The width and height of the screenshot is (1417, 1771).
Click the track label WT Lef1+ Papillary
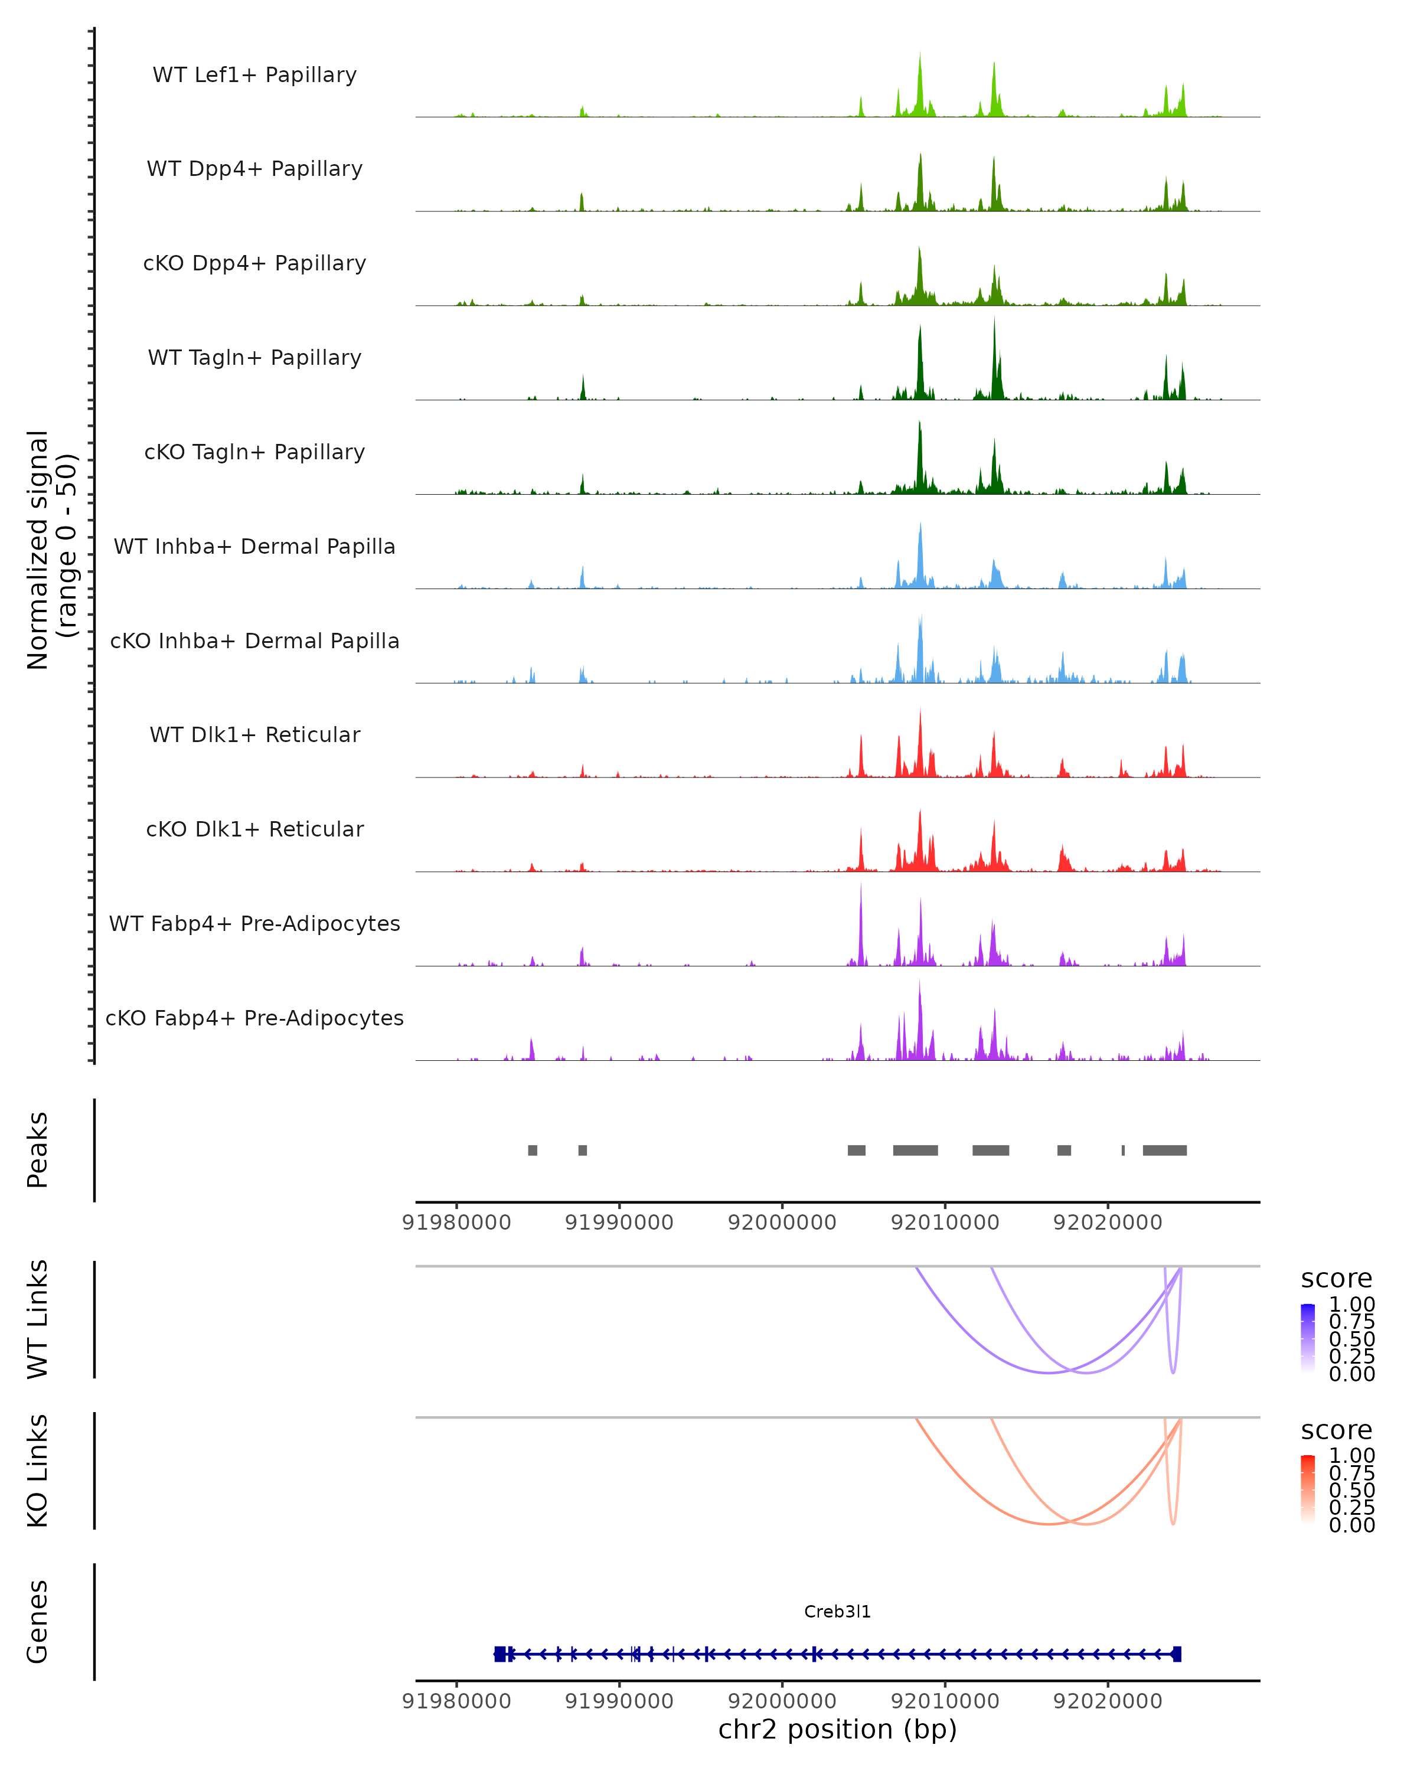(254, 75)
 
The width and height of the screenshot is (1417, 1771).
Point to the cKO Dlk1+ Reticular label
(254, 829)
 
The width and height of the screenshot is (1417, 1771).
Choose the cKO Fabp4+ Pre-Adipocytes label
(254, 1018)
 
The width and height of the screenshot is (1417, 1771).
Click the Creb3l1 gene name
(837, 1612)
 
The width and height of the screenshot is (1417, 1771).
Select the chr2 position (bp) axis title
(837, 1730)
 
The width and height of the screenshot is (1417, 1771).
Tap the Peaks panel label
(38, 1150)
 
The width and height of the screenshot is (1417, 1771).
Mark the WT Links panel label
(38, 1319)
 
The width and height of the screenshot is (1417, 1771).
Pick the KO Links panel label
(38, 1471)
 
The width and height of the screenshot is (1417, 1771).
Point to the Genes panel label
(38, 1622)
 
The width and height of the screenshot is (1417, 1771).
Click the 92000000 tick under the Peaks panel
(782, 1223)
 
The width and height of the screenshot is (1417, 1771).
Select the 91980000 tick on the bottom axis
(457, 1701)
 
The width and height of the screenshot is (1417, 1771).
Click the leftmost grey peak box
(533, 1150)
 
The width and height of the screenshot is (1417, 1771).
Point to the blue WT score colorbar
(1308, 1338)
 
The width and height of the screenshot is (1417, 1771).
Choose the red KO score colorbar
(1308, 1489)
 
